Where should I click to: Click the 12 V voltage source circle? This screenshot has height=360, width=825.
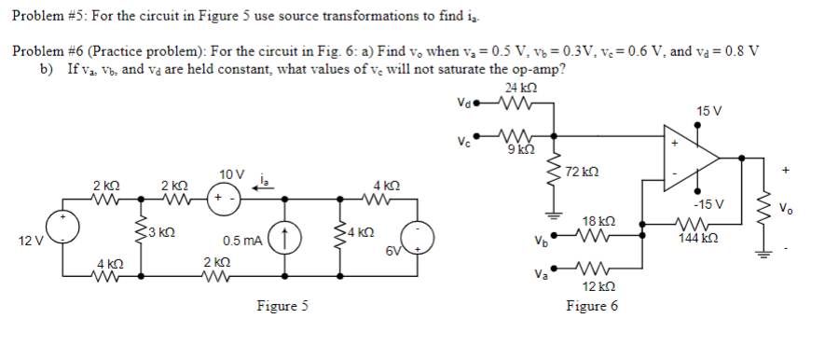(x=63, y=228)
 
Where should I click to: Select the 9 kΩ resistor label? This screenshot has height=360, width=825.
(x=521, y=149)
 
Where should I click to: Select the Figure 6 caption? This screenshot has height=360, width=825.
(x=592, y=306)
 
